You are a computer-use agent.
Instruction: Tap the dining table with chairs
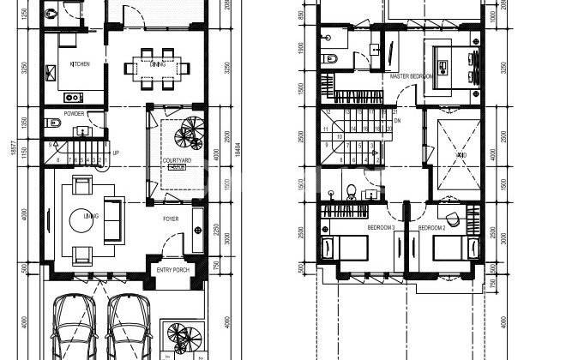click(156, 66)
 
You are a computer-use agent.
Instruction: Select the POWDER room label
click(74, 114)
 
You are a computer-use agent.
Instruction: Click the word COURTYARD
click(176, 160)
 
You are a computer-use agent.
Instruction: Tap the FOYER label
click(172, 218)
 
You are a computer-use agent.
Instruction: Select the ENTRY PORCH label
click(173, 271)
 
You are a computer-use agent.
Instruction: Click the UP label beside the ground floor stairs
click(116, 154)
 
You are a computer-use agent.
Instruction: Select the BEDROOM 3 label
click(381, 228)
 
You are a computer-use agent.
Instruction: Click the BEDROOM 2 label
click(431, 228)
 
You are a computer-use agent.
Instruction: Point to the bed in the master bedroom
click(457, 65)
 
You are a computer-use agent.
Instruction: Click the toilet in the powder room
click(52, 119)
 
